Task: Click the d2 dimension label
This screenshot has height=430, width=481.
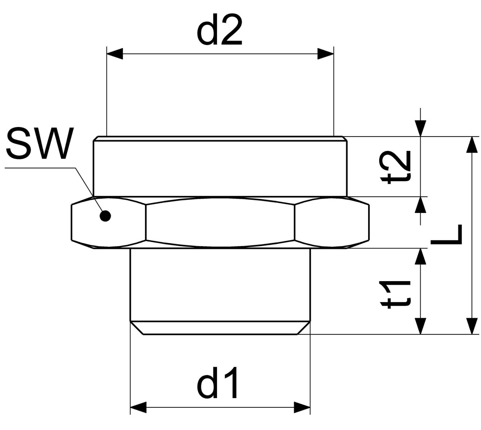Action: click(219, 30)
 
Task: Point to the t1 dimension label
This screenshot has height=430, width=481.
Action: click(395, 295)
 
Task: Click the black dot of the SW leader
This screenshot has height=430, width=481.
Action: click(105, 216)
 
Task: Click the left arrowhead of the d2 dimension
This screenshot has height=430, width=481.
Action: click(115, 54)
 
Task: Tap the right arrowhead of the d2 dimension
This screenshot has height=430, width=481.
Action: click(325, 54)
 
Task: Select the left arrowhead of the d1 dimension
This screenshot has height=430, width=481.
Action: click(138, 407)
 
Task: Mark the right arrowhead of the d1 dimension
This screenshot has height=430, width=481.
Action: click(302, 407)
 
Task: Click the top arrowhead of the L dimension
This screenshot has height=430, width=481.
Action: click(472, 145)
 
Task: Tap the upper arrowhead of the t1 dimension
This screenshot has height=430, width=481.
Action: click(421, 256)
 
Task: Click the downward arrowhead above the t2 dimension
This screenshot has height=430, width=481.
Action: click(421, 128)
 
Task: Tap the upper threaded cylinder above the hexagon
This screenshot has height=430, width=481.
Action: click(220, 167)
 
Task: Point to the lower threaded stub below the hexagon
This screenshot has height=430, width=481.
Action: click(220, 285)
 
